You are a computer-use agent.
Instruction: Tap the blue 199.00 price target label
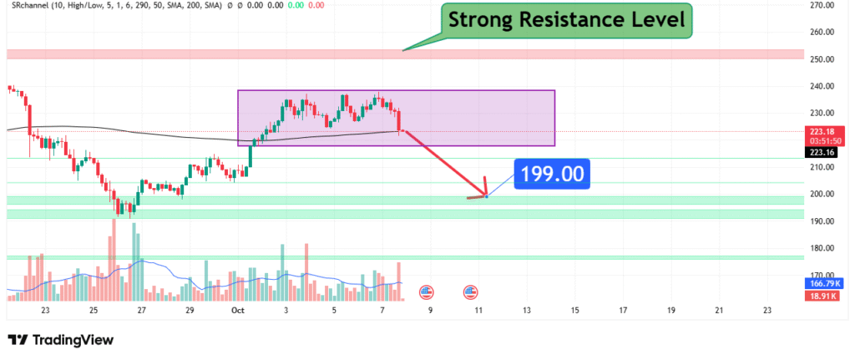(x=551, y=175)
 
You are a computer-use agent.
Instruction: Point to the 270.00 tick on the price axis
(x=823, y=5)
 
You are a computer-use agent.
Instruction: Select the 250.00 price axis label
(x=823, y=59)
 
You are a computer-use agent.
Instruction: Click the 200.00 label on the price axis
(x=823, y=194)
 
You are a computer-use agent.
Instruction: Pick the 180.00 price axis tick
(x=823, y=248)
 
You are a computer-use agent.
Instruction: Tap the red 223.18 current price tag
(x=822, y=132)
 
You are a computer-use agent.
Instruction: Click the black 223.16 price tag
(x=822, y=152)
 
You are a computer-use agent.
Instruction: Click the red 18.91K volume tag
(x=823, y=295)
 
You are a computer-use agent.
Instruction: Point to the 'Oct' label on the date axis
(x=237, y=310)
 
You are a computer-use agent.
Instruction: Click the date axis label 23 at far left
(x=45, y=310)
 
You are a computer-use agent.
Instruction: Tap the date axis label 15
(x=574, y=310)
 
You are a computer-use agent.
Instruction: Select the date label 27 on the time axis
(x=142, y=310)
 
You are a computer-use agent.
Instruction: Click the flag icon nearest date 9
(x=426, y=292)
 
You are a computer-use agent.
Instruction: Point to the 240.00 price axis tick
(x=823, y=86)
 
